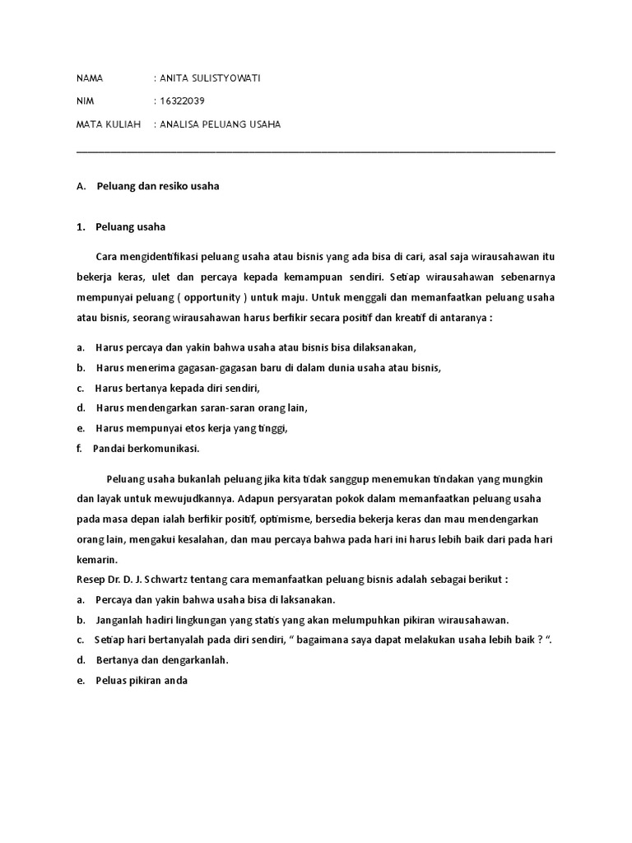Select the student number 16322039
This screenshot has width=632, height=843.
(183, 101)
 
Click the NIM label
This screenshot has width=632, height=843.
(85, 101)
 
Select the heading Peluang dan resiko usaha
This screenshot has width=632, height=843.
(158, 186)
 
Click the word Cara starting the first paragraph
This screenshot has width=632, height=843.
(107, 256)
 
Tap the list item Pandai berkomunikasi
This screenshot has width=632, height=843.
(146, 449)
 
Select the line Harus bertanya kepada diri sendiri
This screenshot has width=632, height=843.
(183, 387)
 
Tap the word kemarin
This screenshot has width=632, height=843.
(98, 559)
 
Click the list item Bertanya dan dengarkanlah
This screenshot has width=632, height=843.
(162, 660)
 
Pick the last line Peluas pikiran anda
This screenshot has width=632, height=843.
(142, 681)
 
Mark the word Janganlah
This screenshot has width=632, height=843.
(120, 620)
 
